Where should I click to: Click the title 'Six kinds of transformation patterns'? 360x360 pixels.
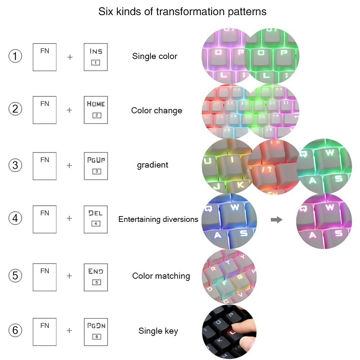tap(182, 12)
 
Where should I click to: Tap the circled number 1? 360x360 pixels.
tap(15, 56)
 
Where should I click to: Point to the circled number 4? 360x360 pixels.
tap(15, 218)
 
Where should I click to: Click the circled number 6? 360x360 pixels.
tap(15, 331)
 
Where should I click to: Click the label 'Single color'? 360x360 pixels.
tap(155, 56)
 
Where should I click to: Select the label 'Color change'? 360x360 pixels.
tap(156, 110)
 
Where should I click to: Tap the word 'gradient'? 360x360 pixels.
tap(152, 165)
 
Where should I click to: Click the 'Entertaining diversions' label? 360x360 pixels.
tap(158, 219)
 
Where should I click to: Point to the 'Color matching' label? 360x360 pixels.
tap(161, 276)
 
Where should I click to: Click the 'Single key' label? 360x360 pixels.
tap(158, 331)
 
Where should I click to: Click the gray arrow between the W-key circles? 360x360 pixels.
tap(277, 220)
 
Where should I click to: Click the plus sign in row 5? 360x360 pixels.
tap(69, 276)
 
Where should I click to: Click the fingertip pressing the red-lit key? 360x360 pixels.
tap(237, 327)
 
